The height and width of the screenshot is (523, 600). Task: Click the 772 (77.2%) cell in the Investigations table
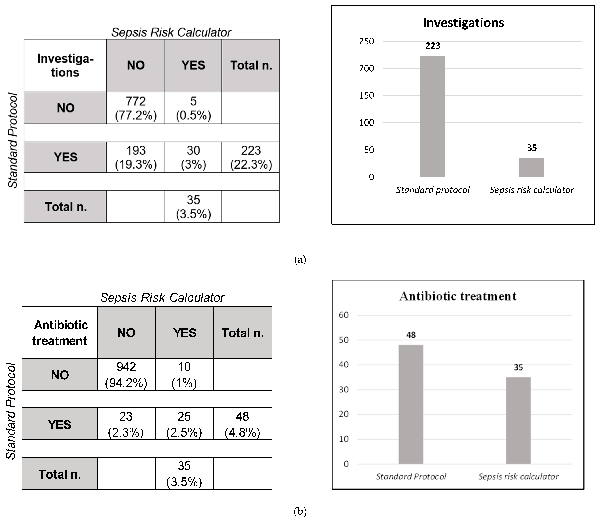(136, 108)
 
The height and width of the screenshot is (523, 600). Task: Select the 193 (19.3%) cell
(136, 157)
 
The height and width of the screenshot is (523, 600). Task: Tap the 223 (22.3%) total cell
(251, 157)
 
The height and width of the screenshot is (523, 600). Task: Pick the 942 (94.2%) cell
(126, 374)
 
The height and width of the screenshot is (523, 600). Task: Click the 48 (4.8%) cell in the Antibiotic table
(242, 424)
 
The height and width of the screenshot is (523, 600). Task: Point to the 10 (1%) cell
(184, 374)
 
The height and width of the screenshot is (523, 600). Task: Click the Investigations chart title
(463, 23)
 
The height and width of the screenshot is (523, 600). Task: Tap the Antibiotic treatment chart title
(458, 296)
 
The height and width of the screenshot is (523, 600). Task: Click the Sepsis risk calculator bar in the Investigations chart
(532, 167)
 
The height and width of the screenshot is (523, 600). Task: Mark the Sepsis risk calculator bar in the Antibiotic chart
(518, 420)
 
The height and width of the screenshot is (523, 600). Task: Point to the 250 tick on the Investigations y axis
(366, 41)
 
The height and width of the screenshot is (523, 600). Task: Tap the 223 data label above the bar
(433, 46)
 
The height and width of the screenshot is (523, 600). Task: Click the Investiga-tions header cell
(65, 65)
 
